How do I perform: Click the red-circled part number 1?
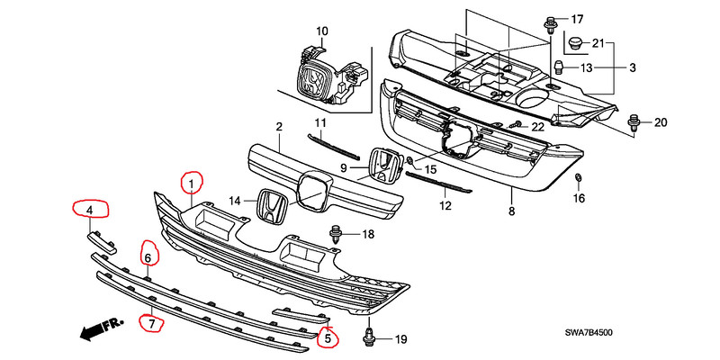(191, 184)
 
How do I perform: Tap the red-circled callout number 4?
(90, 211)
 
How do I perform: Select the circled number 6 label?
(148, 257)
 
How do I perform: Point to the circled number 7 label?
(151, 320)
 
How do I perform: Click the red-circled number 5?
(328, 338)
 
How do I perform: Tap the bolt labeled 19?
(369, 338)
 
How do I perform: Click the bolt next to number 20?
(634, 121)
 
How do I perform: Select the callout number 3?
(633, 68)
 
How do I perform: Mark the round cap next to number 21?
(573, 41)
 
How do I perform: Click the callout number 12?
(444, 206)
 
